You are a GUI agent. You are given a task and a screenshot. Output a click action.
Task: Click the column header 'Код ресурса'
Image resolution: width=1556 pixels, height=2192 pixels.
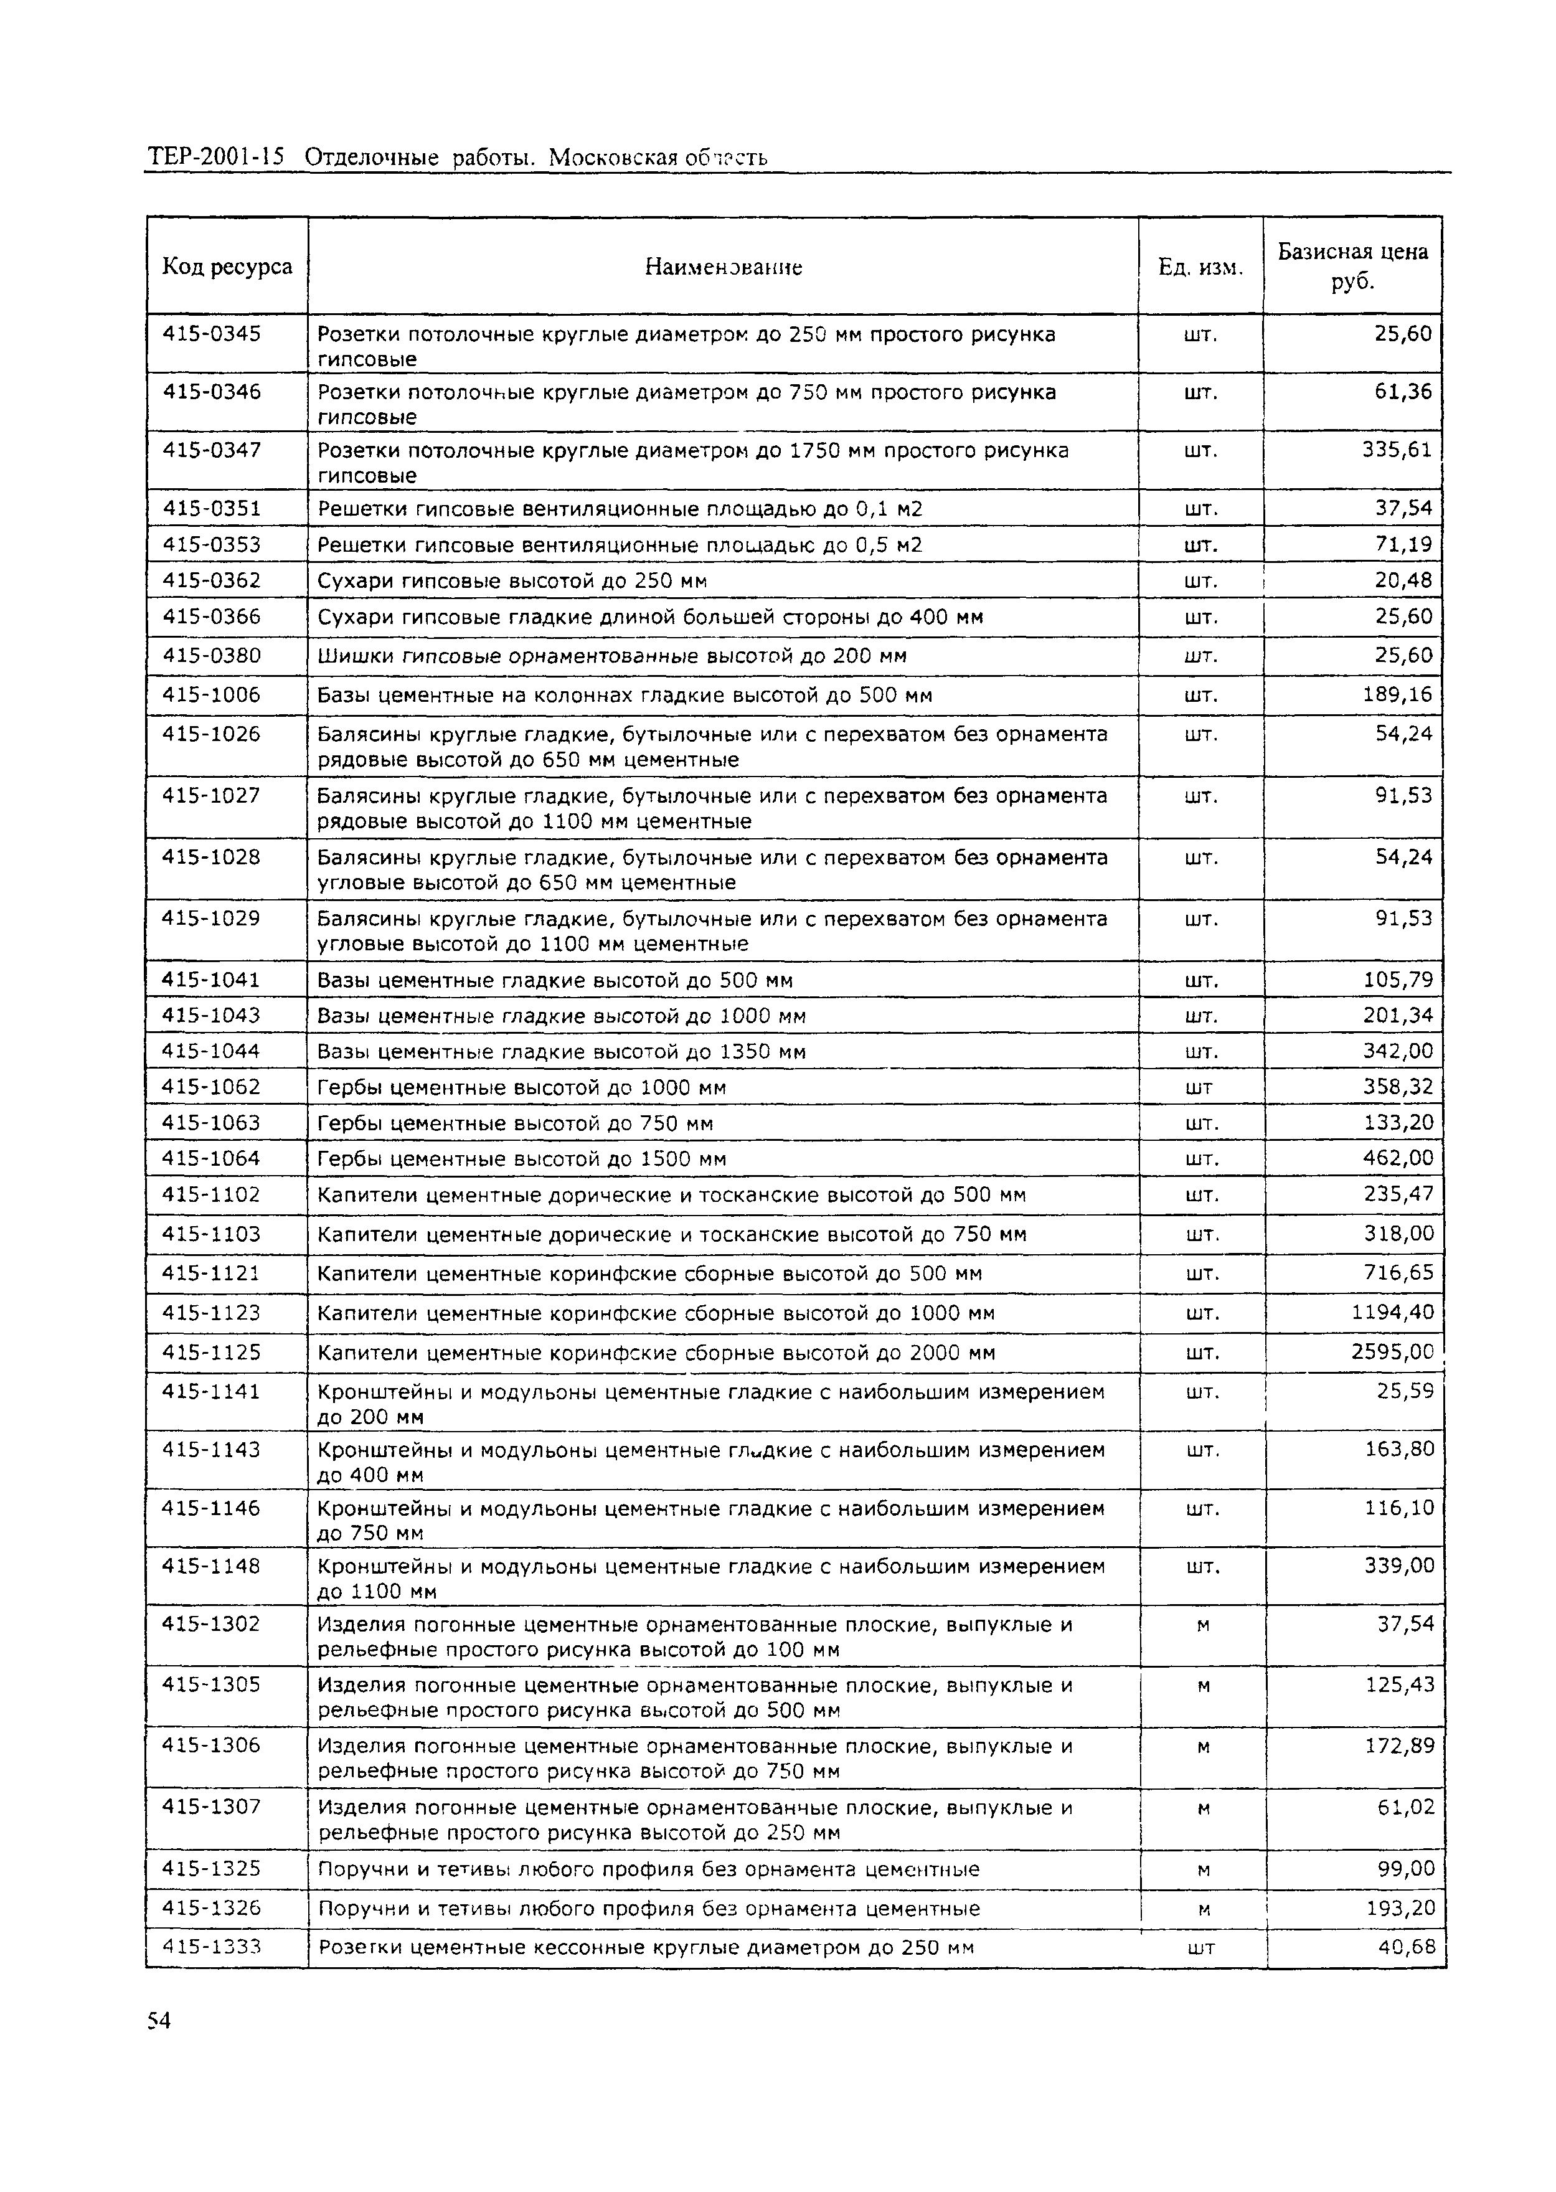tap(227, 267)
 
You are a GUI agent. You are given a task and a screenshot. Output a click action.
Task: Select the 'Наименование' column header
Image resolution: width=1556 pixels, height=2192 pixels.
tap(724, 267)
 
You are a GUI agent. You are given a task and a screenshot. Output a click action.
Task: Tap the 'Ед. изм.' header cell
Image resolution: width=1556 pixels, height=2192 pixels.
tap(1200, 267)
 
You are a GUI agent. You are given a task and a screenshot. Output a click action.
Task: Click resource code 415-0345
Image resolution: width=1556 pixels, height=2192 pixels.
tap(212, 334)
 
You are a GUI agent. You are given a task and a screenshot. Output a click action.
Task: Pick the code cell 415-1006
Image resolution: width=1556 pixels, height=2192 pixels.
tap(212, 694)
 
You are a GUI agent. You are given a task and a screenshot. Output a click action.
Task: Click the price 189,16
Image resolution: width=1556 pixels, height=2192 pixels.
tap(1397, 694)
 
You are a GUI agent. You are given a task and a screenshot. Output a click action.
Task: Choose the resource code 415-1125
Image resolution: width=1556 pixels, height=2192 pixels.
tap(212, 1352)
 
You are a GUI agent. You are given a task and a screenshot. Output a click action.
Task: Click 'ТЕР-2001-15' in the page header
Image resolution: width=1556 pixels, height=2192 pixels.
tap(217, 156)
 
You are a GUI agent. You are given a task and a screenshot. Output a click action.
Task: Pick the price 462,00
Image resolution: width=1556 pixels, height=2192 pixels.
tap(1397, 1158)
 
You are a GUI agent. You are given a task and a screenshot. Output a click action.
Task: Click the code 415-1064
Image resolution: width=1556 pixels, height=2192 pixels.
tap(212, 1158)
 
